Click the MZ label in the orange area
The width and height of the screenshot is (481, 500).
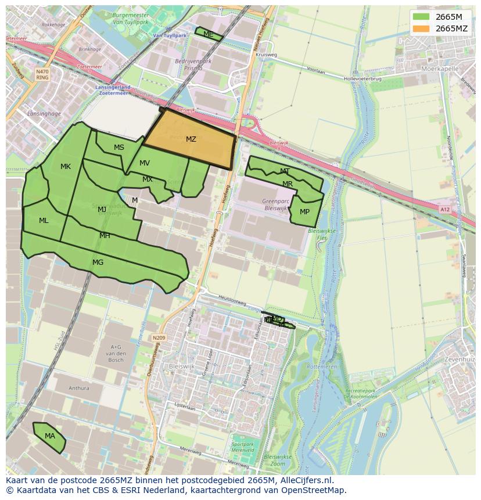[191, 139]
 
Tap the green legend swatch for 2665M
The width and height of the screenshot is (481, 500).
[421, 17]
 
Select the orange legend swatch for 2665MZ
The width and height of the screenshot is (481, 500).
[421, 28]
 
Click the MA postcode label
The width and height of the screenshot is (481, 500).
[50, 436]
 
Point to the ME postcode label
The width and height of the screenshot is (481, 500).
[208, 35]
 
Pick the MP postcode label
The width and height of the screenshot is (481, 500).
[304, 212]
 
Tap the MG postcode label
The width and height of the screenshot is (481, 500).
[98, 262]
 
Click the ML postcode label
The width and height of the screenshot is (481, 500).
[44, 221]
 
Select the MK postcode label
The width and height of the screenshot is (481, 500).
[66, 167]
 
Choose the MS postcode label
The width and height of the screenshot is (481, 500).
[119, 148]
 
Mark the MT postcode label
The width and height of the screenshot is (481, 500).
[285, 171]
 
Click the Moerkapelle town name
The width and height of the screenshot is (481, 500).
[439, 68]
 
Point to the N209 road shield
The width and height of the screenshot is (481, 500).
[160, 337]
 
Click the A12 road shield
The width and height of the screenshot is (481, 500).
[444, 209]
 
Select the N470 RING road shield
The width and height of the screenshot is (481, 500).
[42, 74]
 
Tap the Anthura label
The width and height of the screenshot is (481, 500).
[79, 389]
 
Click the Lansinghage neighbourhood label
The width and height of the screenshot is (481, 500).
[44, 114]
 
